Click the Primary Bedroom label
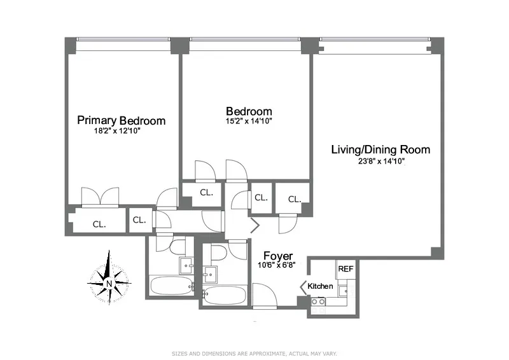pos(121,121)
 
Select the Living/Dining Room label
pos(380,150)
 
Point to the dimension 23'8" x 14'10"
pos(380,162)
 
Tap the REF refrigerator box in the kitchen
pos(345,269)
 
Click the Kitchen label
pos(320,286)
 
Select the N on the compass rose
pos(109,284)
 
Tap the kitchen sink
pos(344,291)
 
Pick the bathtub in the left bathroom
pos(170,286)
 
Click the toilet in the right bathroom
pos(217,253)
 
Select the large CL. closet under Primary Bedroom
pos(99,224)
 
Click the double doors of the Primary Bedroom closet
pos(100,197)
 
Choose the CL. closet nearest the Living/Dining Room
pos(294,199)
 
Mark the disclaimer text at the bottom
pos(254,353)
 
